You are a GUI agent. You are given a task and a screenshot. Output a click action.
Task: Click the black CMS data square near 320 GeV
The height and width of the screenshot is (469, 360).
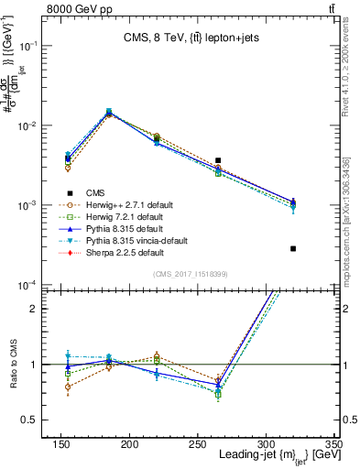coord(293,248)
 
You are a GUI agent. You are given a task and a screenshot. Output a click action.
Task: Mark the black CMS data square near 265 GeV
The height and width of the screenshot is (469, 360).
coord(217,160)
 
